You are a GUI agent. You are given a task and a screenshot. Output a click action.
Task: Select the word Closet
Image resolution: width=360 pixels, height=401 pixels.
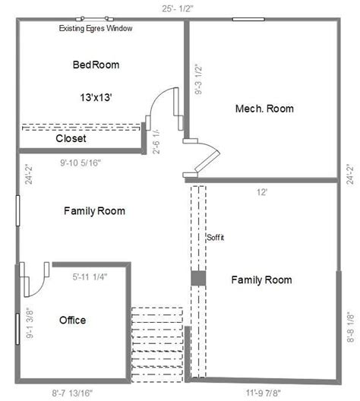pos(71,139)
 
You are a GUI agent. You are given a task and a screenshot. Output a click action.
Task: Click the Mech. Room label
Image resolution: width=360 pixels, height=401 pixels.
pos(264,109)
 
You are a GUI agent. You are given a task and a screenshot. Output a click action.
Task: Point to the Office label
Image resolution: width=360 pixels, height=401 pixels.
pos(72,320)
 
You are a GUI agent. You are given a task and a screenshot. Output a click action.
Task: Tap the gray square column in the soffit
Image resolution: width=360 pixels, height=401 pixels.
pos(197,279)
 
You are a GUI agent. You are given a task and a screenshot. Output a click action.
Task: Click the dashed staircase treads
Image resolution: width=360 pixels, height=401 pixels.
pos(156,342)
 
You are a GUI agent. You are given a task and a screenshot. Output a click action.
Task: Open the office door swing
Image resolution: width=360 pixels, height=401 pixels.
pos(33,282)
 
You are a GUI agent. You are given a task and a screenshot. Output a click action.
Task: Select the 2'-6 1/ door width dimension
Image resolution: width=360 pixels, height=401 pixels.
pos(156,141)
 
